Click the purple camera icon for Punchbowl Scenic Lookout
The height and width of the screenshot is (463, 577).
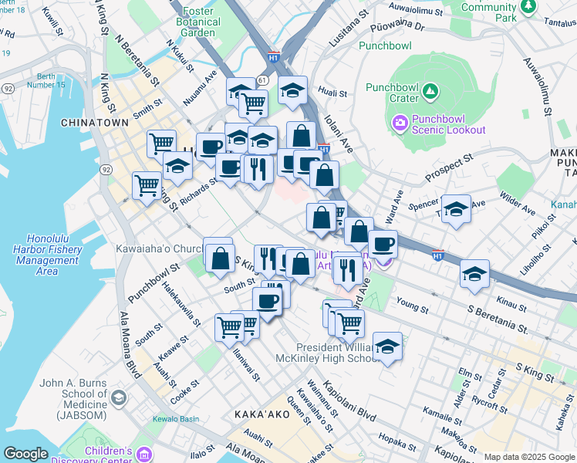[400, 123]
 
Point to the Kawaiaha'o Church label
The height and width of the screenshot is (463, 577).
[158, 249]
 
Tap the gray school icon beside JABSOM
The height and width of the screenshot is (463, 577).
[118, 397]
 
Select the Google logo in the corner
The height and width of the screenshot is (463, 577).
[26, 454]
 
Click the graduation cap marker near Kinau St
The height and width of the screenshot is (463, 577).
[474, 274]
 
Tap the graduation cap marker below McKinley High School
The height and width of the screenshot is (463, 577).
[387, 346]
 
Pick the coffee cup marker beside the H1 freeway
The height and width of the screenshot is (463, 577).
[383, 245]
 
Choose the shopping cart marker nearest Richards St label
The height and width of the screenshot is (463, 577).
[147, 185]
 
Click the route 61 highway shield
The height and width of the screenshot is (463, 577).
[262, 80]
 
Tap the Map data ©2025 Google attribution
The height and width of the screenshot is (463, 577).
[528, 457]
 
